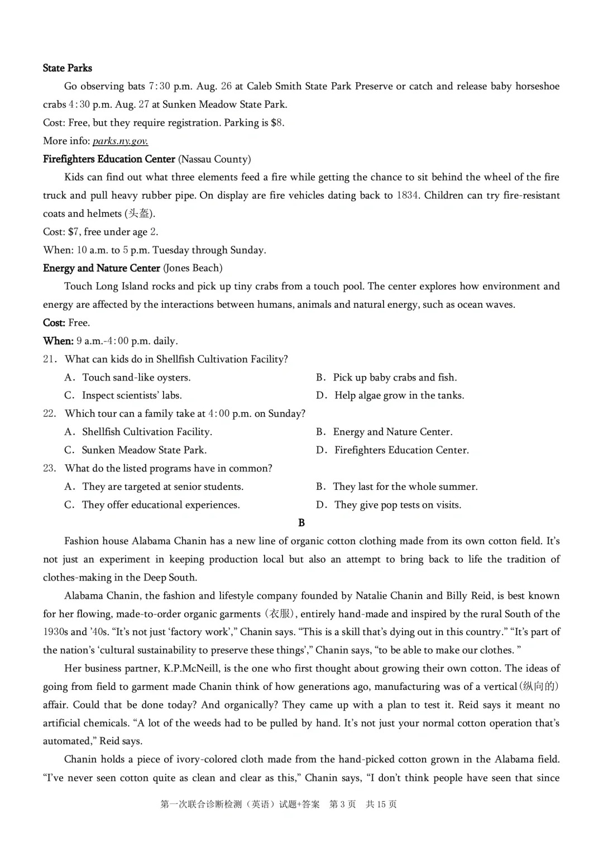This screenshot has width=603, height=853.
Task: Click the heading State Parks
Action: (67, 68)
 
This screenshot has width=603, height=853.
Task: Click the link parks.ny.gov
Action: (120, 141)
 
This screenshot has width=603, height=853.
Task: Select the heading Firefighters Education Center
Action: (109, 159)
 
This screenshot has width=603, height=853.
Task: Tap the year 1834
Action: (408, 196)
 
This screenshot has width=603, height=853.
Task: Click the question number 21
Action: (49, 359)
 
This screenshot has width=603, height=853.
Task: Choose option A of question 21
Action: (136, 378)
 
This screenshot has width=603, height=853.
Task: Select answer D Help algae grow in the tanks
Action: (399, 395)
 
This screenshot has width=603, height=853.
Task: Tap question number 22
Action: (49, 414)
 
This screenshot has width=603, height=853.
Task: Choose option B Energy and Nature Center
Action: (392, 432)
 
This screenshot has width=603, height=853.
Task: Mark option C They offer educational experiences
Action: (161, 505)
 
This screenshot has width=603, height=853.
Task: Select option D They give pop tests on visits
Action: (398, 505)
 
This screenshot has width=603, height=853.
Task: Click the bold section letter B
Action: (301, 523)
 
